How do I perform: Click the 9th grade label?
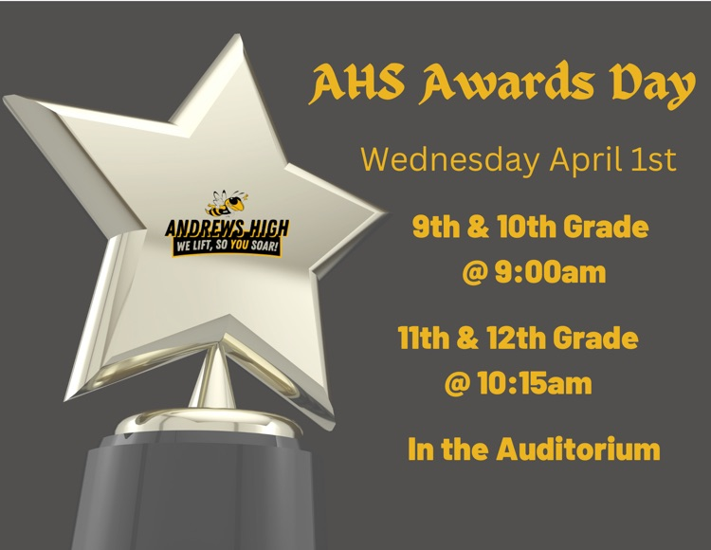coord(434,228)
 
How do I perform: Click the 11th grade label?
coord(420,338)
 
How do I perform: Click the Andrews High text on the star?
coord(228,229)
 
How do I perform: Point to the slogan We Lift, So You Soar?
coord(228,246)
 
